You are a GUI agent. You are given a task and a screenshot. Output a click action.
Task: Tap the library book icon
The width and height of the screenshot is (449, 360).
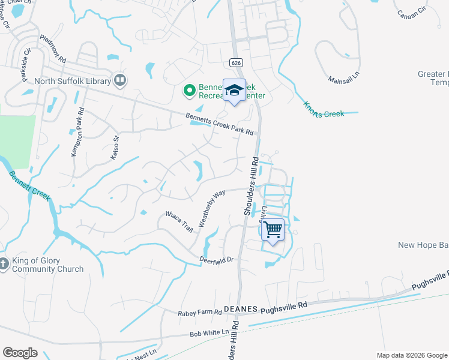coord(120,80)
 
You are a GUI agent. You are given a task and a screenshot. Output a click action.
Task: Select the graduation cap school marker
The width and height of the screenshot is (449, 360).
coord(234,91)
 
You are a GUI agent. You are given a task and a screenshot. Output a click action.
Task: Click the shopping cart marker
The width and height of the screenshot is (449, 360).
coord(273,230)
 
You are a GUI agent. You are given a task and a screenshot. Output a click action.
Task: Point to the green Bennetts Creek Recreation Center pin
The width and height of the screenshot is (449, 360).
coord(189,91)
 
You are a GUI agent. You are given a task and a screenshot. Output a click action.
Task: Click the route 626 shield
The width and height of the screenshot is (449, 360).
coord(235,62)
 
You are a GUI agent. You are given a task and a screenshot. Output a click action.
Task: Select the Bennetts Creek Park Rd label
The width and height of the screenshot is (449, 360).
coord(219,124)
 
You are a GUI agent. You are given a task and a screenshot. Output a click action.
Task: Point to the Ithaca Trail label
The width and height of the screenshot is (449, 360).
coord(179,222)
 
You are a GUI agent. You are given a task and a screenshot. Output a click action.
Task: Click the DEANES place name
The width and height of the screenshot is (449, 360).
coord(240,309)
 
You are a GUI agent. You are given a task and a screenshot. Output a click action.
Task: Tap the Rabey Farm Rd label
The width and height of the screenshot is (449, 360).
coord(200,313)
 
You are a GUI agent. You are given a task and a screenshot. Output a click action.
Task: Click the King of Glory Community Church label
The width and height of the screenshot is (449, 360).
coord(47,265)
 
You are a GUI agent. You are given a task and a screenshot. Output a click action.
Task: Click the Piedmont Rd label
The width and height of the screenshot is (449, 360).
coord(53,50)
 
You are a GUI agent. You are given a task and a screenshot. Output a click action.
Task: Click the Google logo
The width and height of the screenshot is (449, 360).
coord(20,353)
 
